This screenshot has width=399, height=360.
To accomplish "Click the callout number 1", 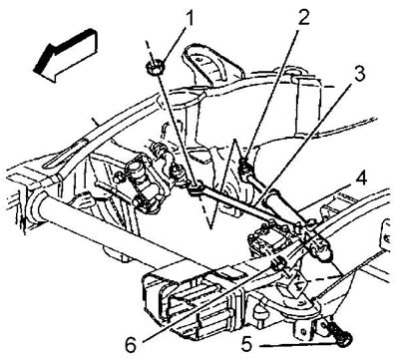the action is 189,20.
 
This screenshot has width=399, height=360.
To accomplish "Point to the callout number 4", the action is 360,179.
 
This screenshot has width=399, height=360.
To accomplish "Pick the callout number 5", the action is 247,346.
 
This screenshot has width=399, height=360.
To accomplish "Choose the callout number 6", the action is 131,346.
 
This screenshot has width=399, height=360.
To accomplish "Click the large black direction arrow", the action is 66,55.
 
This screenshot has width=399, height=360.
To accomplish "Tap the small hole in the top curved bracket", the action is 199,60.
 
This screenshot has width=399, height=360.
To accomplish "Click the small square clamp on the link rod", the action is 196,187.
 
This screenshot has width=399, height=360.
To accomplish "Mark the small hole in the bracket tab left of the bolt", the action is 302,331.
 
